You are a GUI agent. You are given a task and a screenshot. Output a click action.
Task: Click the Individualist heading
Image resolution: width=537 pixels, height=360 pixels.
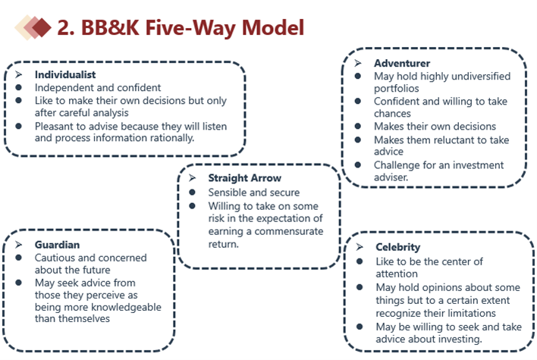64,75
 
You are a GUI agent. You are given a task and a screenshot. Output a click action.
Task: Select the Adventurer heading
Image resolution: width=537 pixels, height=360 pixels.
402,63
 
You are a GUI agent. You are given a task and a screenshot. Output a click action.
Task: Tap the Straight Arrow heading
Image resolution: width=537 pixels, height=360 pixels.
244,178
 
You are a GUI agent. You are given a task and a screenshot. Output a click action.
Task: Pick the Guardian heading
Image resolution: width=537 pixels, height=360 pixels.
58,245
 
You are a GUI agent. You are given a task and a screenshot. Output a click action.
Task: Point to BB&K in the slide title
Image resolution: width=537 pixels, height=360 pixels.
108,28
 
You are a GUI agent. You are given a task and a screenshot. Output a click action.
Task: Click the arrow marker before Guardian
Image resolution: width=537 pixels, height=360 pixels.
19,245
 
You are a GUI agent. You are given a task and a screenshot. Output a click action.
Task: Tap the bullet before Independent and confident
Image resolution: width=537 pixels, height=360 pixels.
19,88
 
